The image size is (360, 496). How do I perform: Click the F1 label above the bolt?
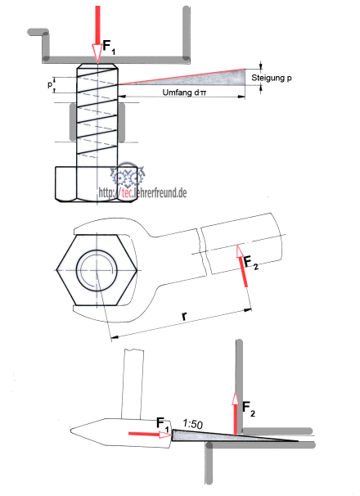tap(109, 47)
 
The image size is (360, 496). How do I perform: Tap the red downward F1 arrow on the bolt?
tap(97, 34)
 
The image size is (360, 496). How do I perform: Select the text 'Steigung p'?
tap(272, 78)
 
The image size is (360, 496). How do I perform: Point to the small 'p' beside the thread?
tap(50, 84)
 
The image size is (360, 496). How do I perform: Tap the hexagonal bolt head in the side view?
tap(97, 184)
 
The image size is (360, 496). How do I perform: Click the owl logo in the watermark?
tap(128, 174)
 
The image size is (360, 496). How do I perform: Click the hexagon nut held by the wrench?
tap(97, 270)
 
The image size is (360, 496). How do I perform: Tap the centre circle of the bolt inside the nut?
tap(97, 270)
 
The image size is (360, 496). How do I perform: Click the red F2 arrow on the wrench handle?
tap(242, 266)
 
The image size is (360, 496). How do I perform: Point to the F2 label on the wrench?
tap(251, 264)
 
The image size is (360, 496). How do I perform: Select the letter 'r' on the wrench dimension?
tap(184, 316)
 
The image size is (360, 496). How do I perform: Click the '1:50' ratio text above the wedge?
tap(192, 423)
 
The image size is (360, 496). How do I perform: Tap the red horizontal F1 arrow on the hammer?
tap(150, 434)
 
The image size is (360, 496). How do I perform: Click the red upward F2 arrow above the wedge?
tap(235, 414)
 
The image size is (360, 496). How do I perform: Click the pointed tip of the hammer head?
tap(71, 430)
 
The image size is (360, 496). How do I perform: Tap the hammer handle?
tap(132, 385)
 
